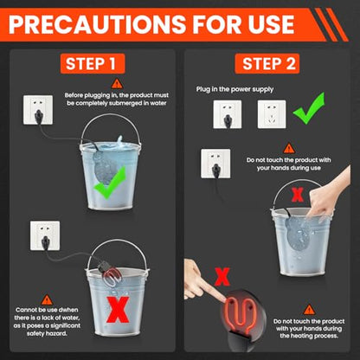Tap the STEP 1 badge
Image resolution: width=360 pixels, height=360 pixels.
point(93,63)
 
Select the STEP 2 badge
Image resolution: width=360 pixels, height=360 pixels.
point(267,63)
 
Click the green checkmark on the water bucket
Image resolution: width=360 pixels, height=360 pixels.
point(110,183)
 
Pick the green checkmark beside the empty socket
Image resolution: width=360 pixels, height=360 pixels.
point(308,108)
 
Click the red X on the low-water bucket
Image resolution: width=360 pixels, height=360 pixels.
point(118,310)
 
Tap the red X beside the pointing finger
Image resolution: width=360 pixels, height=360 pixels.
point(222,277)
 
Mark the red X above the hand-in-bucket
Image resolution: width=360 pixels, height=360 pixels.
point(298,195)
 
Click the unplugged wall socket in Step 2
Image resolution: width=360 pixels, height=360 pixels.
point(272,114)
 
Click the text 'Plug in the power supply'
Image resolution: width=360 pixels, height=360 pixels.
point(235,89)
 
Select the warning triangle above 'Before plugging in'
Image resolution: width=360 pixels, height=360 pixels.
point(117,84)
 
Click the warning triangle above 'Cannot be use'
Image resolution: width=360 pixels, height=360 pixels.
point(47,300)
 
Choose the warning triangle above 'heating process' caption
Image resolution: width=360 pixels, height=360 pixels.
point(309,310)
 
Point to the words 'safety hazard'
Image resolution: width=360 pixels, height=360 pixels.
point(47,334)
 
